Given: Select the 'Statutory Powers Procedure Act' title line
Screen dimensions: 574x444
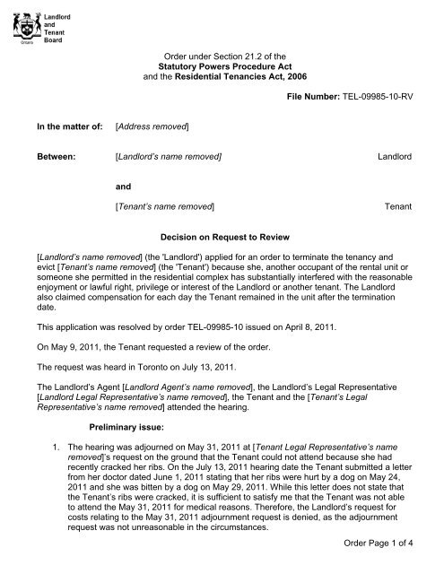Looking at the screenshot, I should pos(222,67).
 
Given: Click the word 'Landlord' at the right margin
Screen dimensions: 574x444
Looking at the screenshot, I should pos(392,157).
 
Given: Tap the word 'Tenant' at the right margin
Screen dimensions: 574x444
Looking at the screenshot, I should pos(397,207).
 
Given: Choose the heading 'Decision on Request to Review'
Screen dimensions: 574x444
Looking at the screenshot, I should pos(222,239).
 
